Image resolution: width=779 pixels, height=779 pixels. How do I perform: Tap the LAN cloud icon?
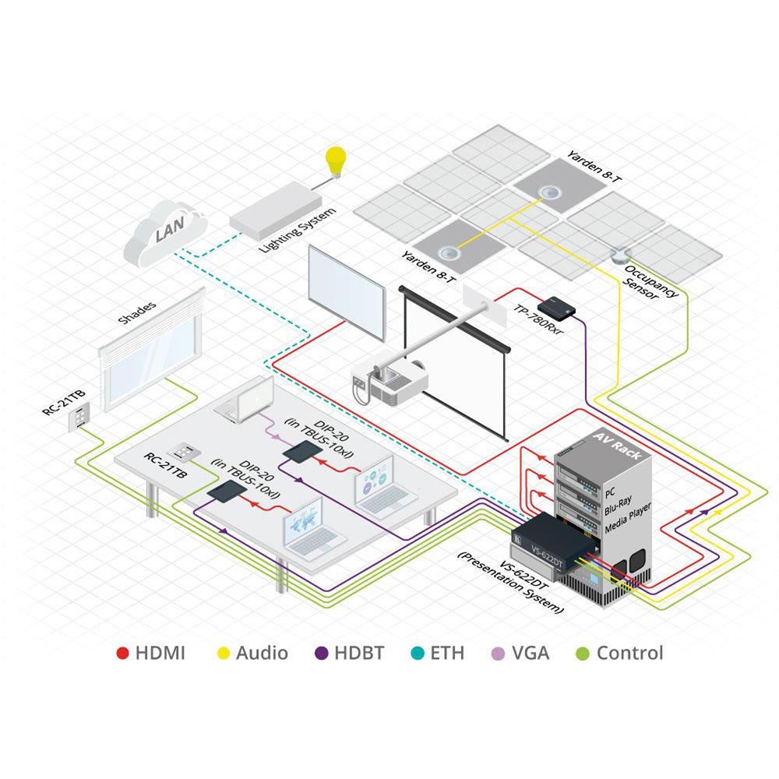(164, 231)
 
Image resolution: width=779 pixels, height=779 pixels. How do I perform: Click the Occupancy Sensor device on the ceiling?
(620, 254)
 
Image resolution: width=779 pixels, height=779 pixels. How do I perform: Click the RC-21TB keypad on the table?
(187, 453)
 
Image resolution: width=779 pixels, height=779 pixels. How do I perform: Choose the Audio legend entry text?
(262, 653)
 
